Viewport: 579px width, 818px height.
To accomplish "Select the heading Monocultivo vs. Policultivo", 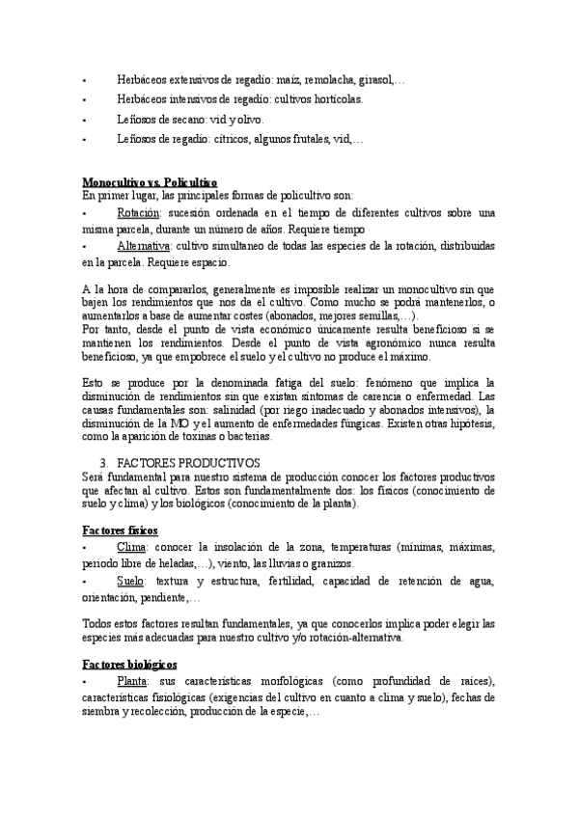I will coord(150,181).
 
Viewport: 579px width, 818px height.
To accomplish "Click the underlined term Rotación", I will coord(138,212).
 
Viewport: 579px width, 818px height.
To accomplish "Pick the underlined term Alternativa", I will coord(145,246).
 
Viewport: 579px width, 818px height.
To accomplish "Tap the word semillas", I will coord(372,315).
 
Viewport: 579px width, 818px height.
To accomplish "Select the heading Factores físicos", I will coord(121,531).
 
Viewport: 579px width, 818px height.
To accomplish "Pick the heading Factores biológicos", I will coord(129,665).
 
